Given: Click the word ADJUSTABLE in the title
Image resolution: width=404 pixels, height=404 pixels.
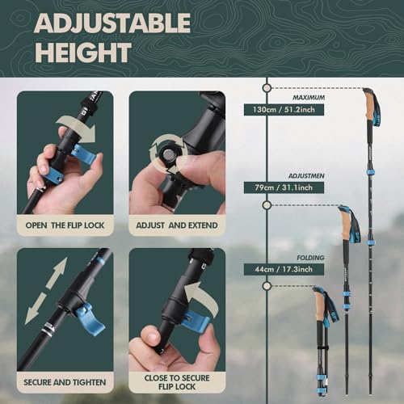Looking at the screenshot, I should click(112, 23).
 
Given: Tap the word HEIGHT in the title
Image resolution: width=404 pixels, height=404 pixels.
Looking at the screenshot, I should click(82, 53).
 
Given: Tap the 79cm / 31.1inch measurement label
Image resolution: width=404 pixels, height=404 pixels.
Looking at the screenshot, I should click(284, 187).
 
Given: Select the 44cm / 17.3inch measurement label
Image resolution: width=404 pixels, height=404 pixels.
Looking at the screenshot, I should click(283, 269).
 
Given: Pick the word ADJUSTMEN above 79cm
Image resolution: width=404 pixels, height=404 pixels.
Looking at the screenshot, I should click(305, 175).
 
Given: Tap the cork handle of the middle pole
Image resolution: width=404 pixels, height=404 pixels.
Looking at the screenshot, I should click(347, 224).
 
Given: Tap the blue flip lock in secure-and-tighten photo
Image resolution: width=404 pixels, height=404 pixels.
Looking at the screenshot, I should click(89, 320).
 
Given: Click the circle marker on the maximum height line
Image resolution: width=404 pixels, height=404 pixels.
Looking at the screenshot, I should click(267, 87).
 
